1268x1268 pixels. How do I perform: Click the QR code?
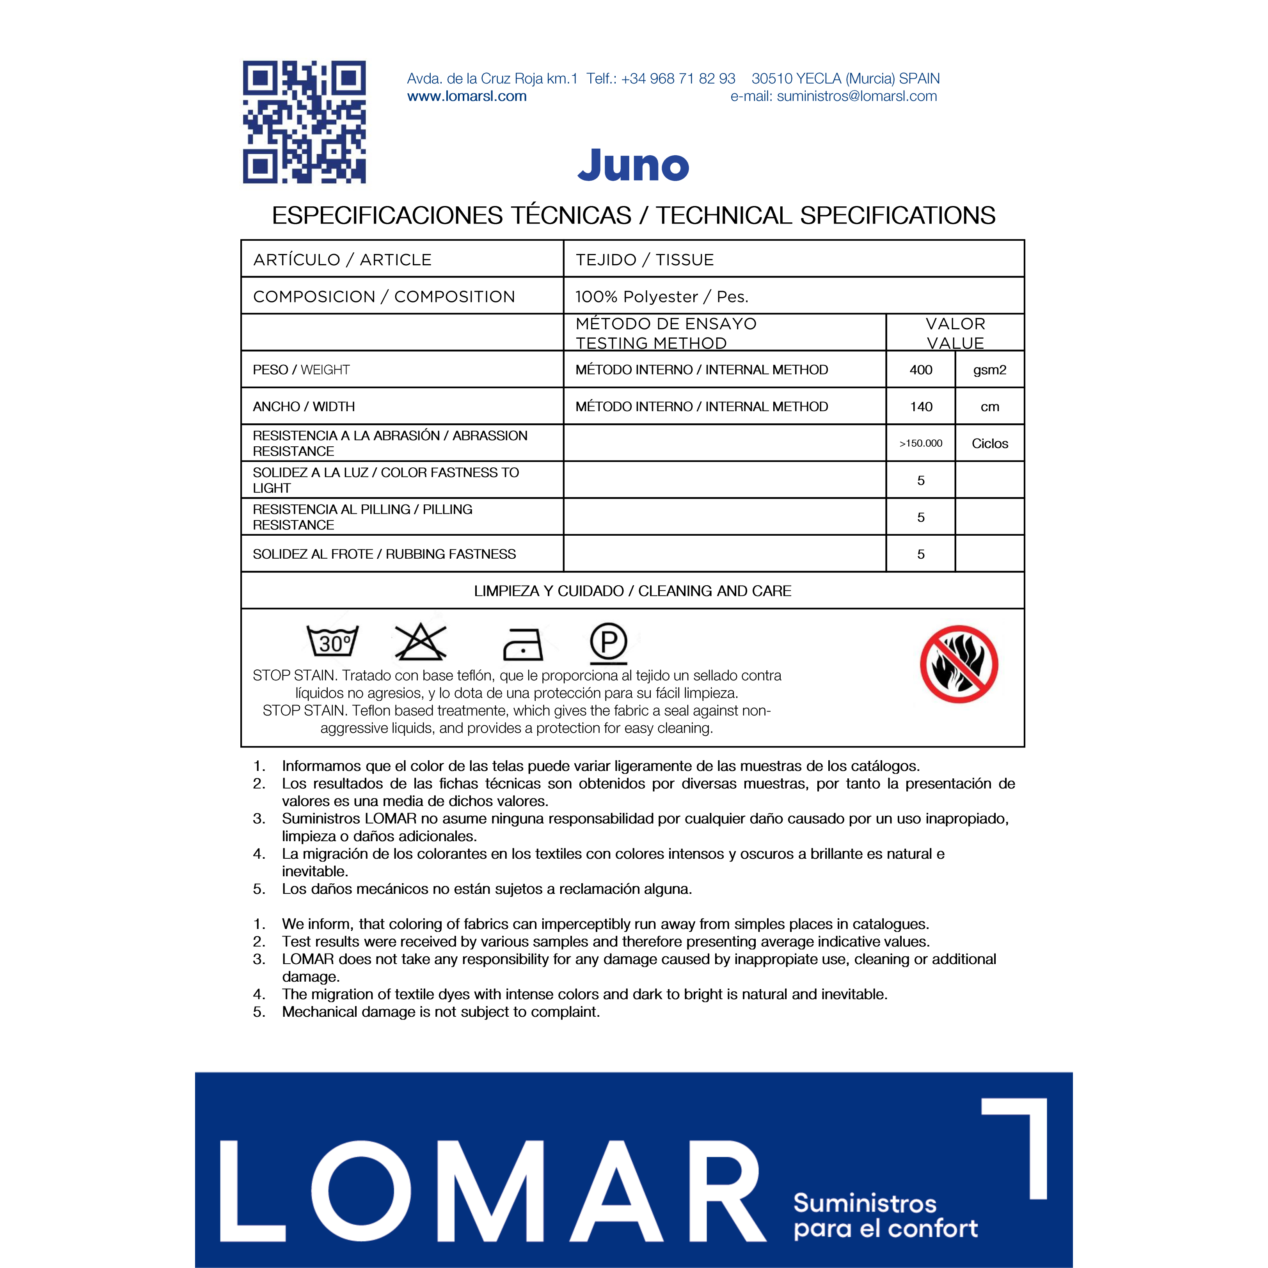coord(304,122)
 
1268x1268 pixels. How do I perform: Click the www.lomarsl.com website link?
coord(467,96)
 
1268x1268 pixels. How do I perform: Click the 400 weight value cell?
coord(921,369)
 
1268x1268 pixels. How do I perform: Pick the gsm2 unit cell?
coord(989,369)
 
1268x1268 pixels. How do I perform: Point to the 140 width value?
coord(921,407)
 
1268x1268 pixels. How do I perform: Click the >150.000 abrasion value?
coord(921,444)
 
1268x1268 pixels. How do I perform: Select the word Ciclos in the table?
coord(989,444)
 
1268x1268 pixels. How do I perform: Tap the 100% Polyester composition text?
coord(662,297)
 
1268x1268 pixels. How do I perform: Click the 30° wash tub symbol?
coord(333,641)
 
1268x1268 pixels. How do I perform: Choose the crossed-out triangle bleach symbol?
coord(420,642)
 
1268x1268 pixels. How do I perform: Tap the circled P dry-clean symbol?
coord(608,643)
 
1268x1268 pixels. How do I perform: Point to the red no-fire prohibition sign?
coord(959,664)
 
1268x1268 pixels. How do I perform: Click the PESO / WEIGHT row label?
coord(301,369)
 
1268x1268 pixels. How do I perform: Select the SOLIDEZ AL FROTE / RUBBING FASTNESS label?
coord(384,554)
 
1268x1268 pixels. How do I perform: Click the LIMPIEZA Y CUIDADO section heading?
coord(633,591)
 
